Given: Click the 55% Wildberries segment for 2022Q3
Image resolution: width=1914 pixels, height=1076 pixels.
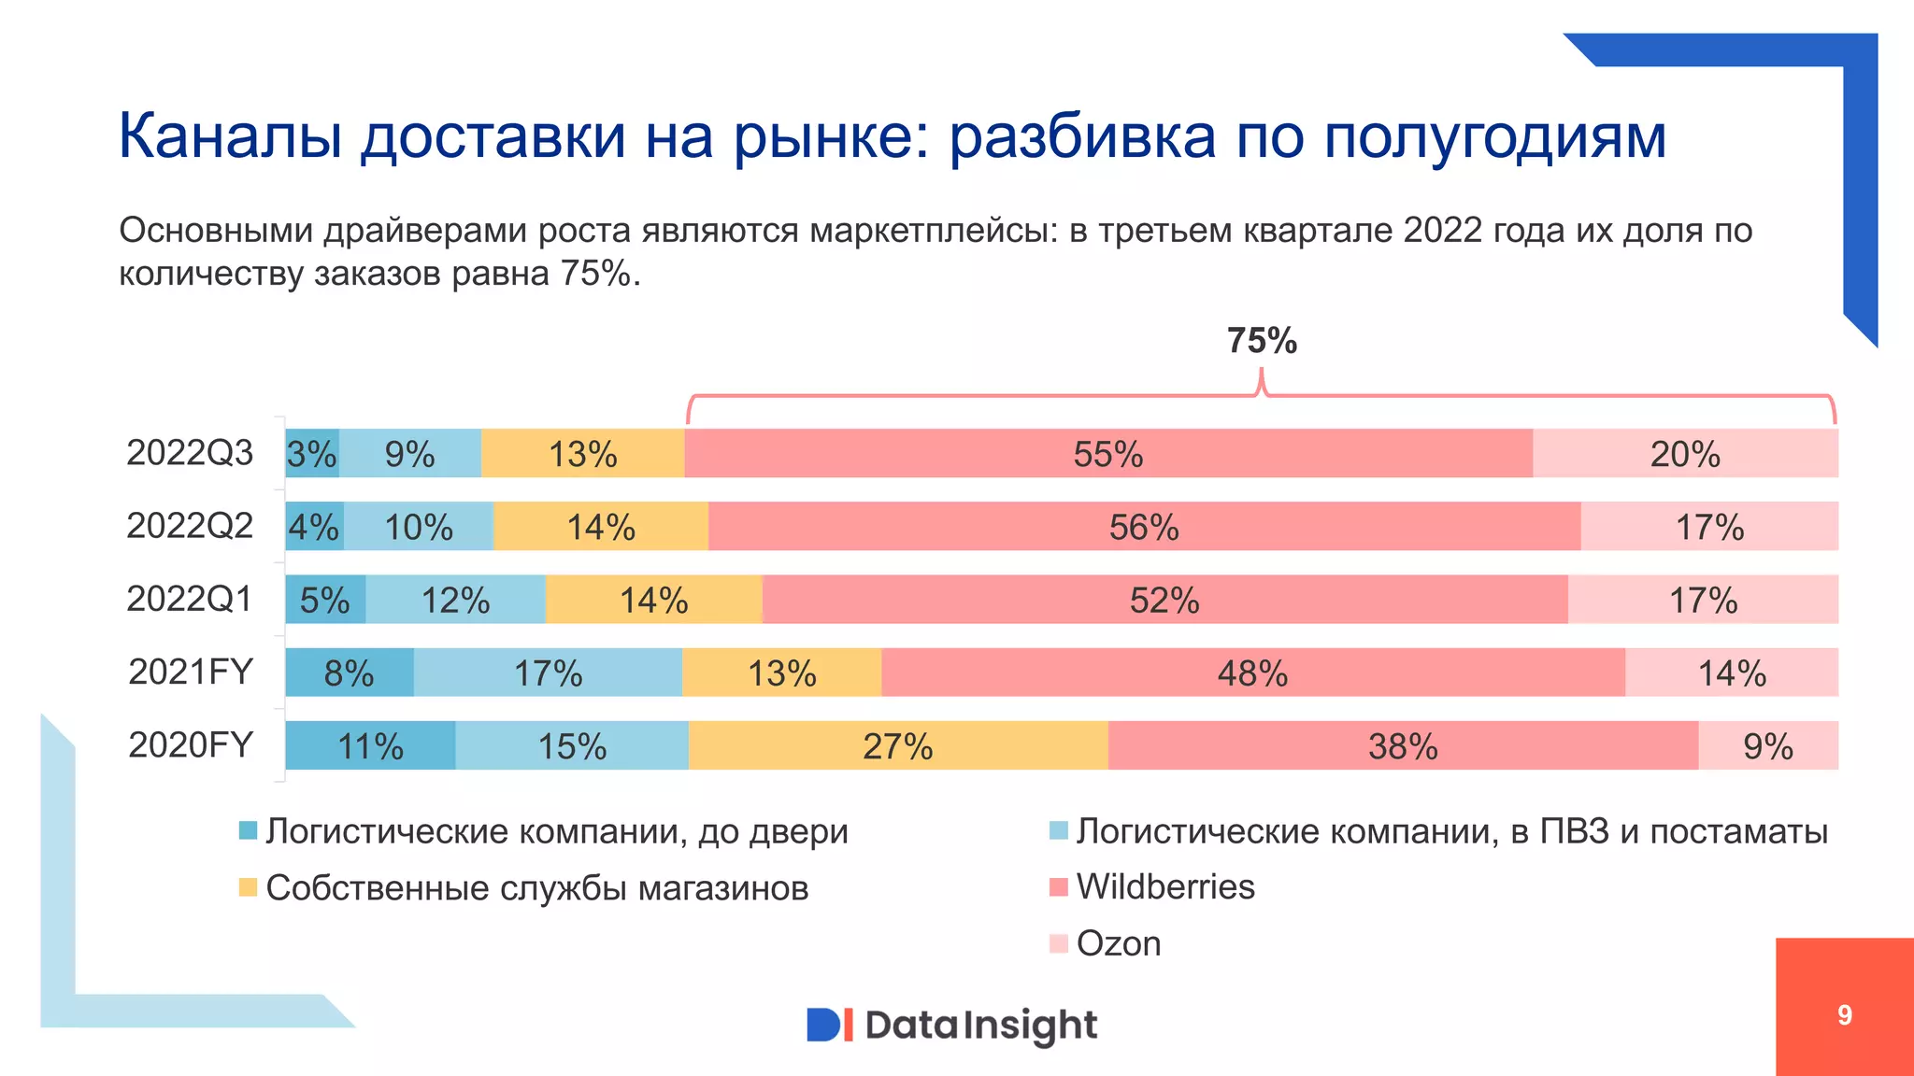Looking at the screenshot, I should click(1108, 454).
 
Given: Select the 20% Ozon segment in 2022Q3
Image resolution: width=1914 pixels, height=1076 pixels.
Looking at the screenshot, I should click(1685, 454).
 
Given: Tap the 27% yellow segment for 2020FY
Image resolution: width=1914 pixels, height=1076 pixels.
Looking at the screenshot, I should click(897, 746).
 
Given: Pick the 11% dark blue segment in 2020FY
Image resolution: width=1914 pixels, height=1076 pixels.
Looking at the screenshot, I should click(370, 746).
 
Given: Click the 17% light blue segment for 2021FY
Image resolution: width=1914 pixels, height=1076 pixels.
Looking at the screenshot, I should click(548, 673).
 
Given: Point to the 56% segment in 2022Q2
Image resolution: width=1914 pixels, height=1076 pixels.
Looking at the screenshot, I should click(1144, 527).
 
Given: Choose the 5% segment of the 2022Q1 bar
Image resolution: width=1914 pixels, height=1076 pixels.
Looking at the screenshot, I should click(324, 600).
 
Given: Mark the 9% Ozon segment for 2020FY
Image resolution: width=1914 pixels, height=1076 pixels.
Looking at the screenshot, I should click(1767, 746).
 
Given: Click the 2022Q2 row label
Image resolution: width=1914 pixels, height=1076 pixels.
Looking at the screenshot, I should click(190, 526).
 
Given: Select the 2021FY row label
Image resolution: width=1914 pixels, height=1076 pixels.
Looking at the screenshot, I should click(191, 672).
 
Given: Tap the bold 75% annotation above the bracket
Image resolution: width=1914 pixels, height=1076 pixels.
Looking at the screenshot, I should click(1262, 341).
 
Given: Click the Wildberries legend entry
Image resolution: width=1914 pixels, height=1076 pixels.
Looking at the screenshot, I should click(1164, 886).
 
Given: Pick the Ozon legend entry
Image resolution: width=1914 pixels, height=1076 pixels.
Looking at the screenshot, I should click(1118, 943).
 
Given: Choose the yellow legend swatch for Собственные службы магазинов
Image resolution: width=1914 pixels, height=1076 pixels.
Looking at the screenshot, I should click(248, 887).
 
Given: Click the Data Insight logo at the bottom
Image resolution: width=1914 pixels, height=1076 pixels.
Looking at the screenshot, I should click(951, 1025).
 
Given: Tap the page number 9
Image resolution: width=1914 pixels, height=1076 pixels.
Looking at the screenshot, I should click(1844, 1015).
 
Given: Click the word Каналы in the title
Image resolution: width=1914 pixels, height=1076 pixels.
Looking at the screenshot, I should click(230, 137).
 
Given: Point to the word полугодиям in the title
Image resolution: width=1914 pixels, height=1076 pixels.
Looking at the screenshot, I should click(1495, 137).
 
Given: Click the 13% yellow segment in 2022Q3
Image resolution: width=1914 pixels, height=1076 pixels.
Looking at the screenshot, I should click(582, 454).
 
